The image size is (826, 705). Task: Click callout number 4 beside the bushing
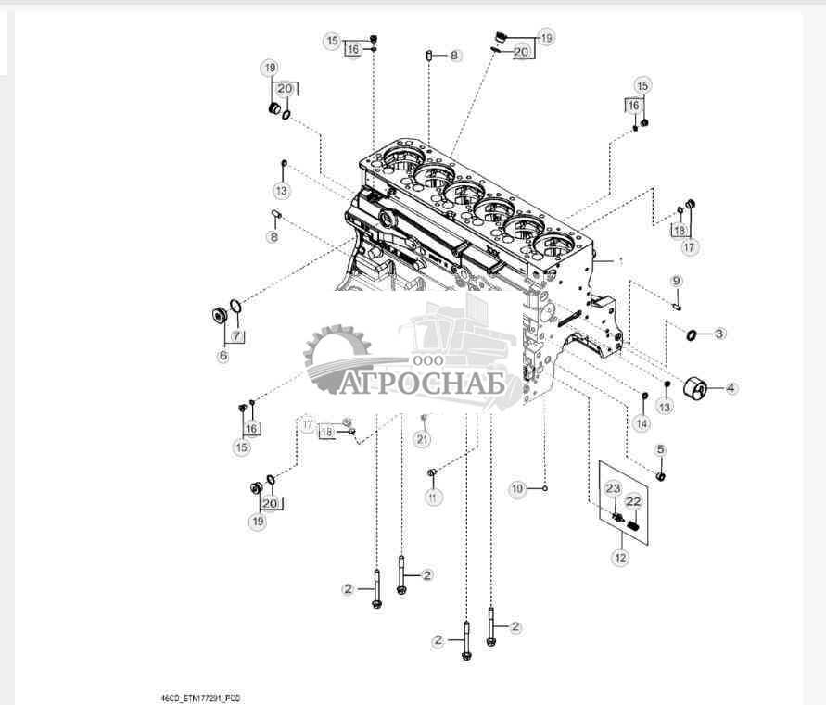(731, 388)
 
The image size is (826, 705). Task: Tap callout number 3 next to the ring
(719, 333)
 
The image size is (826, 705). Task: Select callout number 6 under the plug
(222, 356)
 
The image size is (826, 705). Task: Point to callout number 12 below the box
(619, 558)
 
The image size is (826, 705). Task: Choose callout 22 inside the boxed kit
(634, 501)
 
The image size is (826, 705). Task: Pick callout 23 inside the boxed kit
(613, 488)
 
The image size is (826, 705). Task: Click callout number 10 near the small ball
(518, 487)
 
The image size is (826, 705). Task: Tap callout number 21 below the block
(423, 438)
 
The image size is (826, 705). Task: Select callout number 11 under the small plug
(432, 497)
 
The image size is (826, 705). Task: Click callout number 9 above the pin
(677, 280)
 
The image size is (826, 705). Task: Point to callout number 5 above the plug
(660, 449)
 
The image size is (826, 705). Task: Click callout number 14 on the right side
(642, 422)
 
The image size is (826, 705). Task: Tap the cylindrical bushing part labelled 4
(696, 389)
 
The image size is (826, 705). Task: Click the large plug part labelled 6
(221, 317)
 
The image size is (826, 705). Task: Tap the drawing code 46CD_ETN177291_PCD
(201, 698)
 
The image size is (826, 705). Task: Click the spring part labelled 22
(634, 526)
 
